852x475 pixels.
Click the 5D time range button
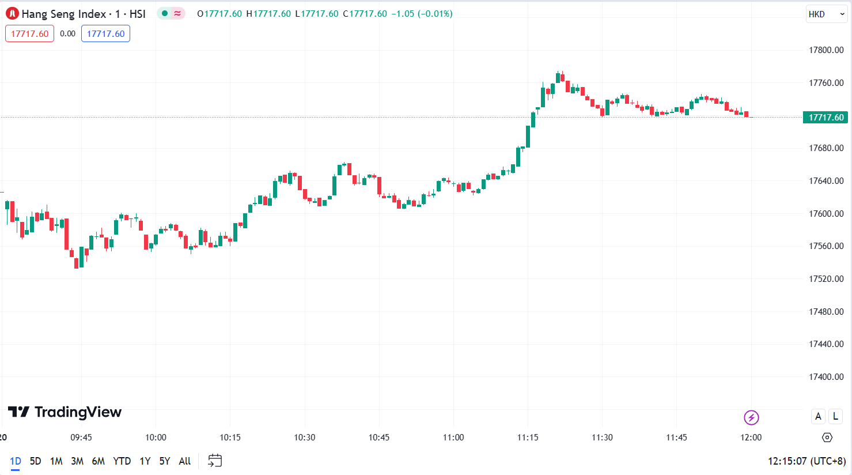pos(36,461)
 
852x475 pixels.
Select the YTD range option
pos(122,461)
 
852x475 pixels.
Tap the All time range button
pos(184,461)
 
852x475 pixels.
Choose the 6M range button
pos(99,461)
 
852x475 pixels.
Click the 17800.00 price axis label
pos(826,50)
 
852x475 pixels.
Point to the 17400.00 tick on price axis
pos(826,377)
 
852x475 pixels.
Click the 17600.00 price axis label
pos(826,213)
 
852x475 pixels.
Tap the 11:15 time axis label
pos(528,438)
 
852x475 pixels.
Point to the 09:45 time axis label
pos(81,438)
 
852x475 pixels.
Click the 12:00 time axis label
pos(751,438)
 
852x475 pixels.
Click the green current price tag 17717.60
pos(826,118)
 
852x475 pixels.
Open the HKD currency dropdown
pos(826,14)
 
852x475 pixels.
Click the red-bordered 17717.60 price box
pos(30,34)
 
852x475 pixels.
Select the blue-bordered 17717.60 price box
pos(105,34)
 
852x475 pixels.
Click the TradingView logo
pos(65,412)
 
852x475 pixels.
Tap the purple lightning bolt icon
pos(751,417)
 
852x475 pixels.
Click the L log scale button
pos(835,416)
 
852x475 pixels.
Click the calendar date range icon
pos(215,461)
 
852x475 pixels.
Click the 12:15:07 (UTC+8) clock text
pos(806,461)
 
